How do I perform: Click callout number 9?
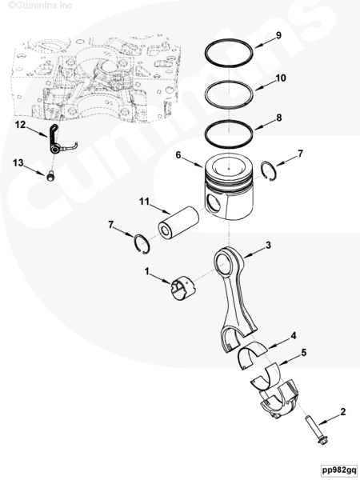tap(278, 35)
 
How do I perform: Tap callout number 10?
tap(281, 78)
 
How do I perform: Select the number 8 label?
tap(279, 118)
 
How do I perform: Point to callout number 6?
tap(178, 155)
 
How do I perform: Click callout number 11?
tap(144, 202)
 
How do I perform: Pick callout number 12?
tap(21, 125)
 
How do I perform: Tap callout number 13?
tap(18, 162)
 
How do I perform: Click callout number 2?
tap(343, 412)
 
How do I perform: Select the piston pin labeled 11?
tap(178, 222)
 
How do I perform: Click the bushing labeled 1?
tap(183, 288)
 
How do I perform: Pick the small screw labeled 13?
tap(51, 176)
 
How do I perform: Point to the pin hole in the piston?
tap(214, 202)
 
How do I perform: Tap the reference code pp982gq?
tap(339, 470)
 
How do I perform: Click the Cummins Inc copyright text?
tap(40, 5)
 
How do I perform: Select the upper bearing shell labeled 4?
tap(252, 354)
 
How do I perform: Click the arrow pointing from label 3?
tap(254, 253)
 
